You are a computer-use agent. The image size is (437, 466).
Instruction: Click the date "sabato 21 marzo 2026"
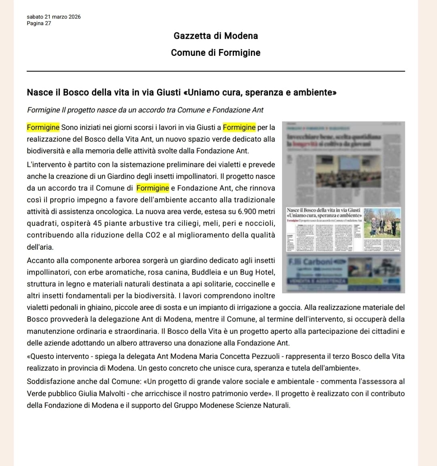tap(53, 17)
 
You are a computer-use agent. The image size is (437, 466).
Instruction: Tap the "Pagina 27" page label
tap(39, 23)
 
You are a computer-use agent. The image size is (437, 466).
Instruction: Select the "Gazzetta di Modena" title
tap(216, 36)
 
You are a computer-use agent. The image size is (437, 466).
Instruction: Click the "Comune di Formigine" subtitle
tap(216, 53)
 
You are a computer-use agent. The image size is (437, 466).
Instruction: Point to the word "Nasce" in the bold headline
tap(39, 92)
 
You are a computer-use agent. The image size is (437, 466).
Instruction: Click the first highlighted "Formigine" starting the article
tap(43, 127)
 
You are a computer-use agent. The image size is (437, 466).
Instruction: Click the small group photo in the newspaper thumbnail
tap(382, 224)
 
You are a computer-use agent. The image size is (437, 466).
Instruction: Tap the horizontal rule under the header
tap(216, 71)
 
